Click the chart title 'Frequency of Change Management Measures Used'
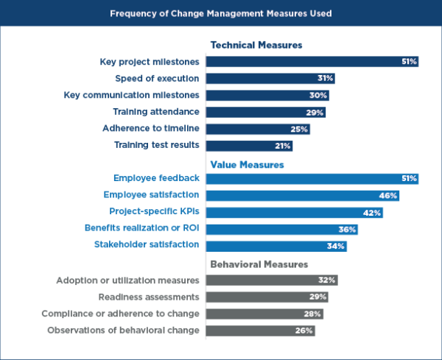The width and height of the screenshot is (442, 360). click(221, 13)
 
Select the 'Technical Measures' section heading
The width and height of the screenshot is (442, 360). click(256, 46)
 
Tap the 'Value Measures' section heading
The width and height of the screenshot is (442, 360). click(248, 164)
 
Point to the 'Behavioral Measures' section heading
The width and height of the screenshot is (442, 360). click(259, 264)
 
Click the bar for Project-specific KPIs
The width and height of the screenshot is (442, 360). click(295, 213)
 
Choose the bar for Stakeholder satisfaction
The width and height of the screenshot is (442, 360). click(276, 246)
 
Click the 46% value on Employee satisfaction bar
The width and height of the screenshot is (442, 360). click(388, 196)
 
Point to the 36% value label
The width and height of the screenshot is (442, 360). click(348, 229)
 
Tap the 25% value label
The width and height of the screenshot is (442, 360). click(299, 129)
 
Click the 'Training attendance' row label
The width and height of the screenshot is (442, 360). click(155, 112)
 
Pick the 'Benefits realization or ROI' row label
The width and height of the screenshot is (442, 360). click(141, 229)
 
